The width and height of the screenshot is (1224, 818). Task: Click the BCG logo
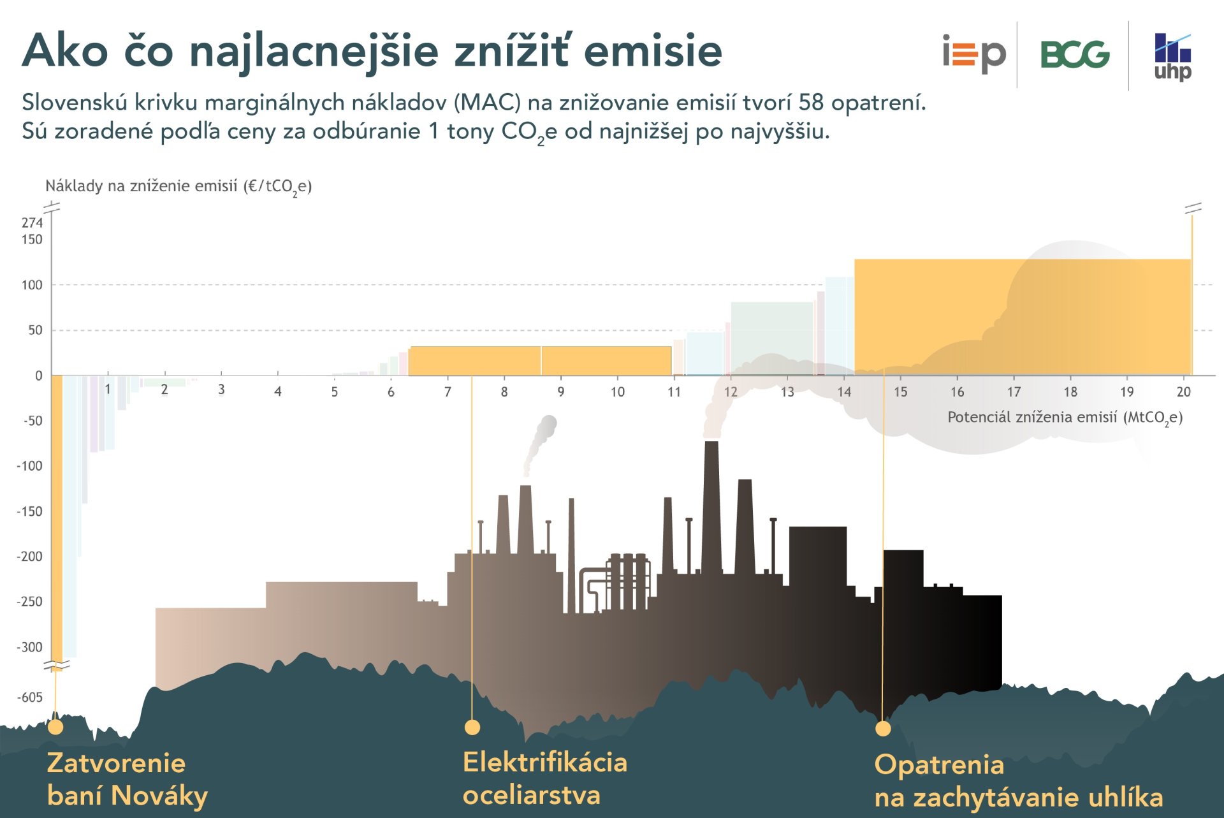1075,55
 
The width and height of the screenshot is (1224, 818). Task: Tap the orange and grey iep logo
973,54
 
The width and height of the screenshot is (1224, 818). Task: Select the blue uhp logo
1172,57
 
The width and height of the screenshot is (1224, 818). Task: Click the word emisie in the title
653,51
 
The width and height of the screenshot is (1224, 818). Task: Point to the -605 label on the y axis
31,697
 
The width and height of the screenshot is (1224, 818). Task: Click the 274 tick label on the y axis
32,223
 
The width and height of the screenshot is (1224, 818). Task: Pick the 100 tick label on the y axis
32,285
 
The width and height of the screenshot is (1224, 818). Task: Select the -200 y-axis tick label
29,557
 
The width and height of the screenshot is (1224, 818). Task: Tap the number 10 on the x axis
617,392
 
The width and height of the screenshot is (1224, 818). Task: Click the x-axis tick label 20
1183,392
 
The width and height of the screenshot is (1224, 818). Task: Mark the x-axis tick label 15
900,392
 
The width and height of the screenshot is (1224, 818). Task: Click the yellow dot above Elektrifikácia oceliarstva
472,727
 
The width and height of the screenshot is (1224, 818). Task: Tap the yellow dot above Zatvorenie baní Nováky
55,727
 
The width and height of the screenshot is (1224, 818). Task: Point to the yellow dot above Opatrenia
883,729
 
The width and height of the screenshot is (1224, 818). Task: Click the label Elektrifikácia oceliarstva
544,778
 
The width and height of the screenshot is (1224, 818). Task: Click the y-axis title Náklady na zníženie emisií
178,186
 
